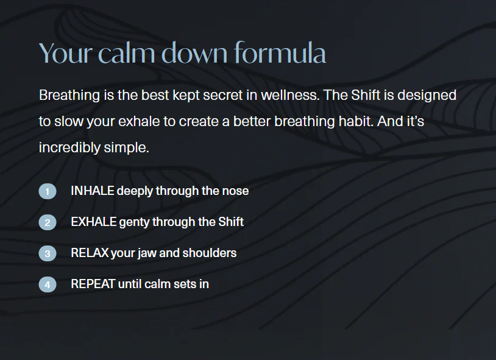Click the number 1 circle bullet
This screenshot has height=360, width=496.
[x=48, y=191]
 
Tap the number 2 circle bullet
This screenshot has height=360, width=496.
[x=48, y=222]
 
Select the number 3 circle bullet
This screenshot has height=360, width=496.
[x=48, y=253]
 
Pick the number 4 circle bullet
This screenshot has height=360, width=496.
[x=48, y=284]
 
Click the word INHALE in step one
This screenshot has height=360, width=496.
[x=93, y=191]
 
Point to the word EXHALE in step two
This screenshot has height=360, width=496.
[x=94, y=222]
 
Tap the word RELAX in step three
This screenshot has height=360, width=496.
[x=90, y=253]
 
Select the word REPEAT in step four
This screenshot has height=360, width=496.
[x=93, y=284]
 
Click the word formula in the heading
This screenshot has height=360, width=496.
[x=280, y=52]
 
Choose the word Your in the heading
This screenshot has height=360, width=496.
[x=66, y=53]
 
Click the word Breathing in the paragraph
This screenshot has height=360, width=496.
[x=69, y=96]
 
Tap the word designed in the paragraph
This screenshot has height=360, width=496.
[x=427, y=96]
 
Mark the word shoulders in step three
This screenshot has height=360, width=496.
[x=210, y=253]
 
